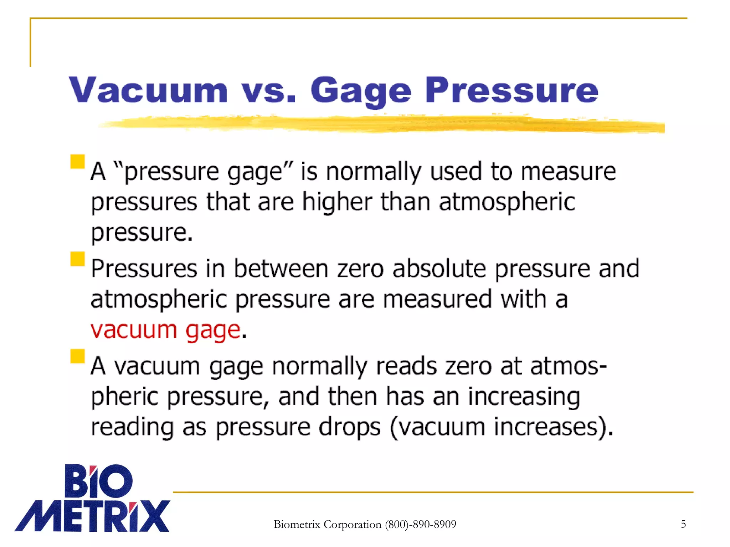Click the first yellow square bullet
click(x=77, y=161)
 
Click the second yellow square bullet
click(x=77, y=259)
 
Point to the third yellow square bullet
click(x=77, y=356)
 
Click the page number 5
click(x=683, y=524)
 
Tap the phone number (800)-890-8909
click(x=421, y=524)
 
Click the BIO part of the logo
click(x=98, y=481)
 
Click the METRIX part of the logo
click(x=92, y=516)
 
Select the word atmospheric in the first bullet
click(x=507, y=202)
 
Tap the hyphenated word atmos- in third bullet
click(x=568, y=366)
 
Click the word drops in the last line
click(x=349, y=427)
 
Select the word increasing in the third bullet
click(x=524, y=397)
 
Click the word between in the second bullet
click(x=281, y=269)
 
